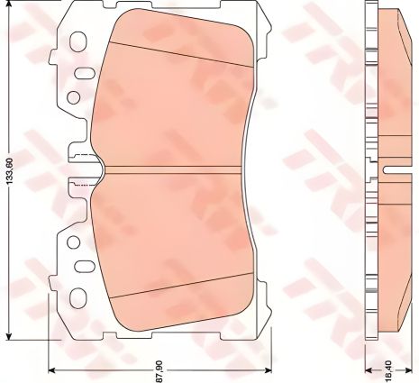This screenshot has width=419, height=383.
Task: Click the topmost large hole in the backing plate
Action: pyautogui.click(x=77, y=41)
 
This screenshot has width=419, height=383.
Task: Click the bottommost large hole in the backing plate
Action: pyautogui.click(x=77, y=297)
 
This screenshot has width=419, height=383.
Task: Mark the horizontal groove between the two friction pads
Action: pyautogui.click(x=171, y=169)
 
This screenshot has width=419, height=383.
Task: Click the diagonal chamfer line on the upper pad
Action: pyautogui.click(x=180, y=50)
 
